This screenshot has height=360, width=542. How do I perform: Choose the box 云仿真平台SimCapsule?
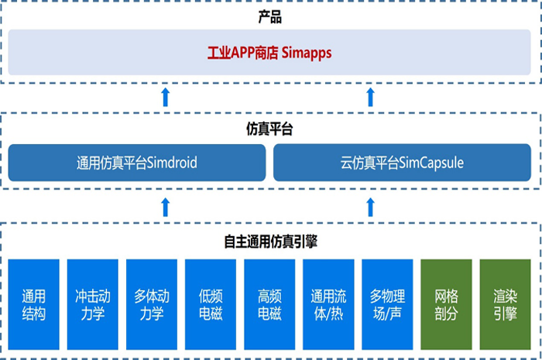[402, 163]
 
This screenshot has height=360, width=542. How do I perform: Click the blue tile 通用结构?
[33, 304]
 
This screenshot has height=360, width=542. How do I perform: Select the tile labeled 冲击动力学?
[92, 304]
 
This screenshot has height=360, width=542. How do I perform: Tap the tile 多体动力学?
[151, 304]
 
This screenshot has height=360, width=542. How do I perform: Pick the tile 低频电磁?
[210, 304]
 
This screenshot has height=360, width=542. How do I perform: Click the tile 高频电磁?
[269, 304]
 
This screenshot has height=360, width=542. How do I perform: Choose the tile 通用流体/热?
[328, 304]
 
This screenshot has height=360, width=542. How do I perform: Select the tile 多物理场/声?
[386, 304]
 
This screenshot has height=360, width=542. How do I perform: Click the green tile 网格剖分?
[446, 304]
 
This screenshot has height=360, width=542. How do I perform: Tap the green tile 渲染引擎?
[505, 304]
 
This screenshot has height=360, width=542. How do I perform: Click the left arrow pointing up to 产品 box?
[165, 97]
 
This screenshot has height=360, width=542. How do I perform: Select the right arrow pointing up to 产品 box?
[370, 97]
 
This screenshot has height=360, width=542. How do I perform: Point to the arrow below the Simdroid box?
[165, 206]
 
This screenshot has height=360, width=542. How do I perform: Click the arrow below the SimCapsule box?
[370, 206]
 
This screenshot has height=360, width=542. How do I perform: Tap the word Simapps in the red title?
[308, 53]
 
